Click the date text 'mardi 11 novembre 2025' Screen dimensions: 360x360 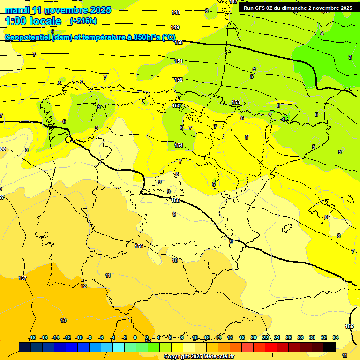(x=58, y=10)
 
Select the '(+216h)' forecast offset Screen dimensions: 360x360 (x=83, y=21)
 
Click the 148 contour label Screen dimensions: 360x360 (x=176, y=12)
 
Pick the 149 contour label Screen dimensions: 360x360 (x=175, y=27)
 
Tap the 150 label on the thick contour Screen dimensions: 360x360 (x=179, y=42)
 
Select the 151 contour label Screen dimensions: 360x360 (x=179, y=61)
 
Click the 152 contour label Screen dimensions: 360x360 (x=179, y=80)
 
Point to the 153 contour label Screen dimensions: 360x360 (x=236, y=102)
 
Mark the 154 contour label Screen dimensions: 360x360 (x=179, y=146)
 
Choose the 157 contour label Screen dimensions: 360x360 (x=22, y=278)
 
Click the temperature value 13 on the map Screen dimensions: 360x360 (x=63, y=320)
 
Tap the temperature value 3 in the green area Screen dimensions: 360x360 (x=350, y=57)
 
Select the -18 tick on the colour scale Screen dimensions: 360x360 (x=32, y=337)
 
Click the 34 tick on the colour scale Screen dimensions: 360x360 (x=336, y=337)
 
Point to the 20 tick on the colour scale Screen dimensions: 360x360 (x=253, y=337)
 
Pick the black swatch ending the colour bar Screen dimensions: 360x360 (x=330, y=347)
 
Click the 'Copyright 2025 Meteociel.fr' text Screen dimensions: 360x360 (x=199, y=356)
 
